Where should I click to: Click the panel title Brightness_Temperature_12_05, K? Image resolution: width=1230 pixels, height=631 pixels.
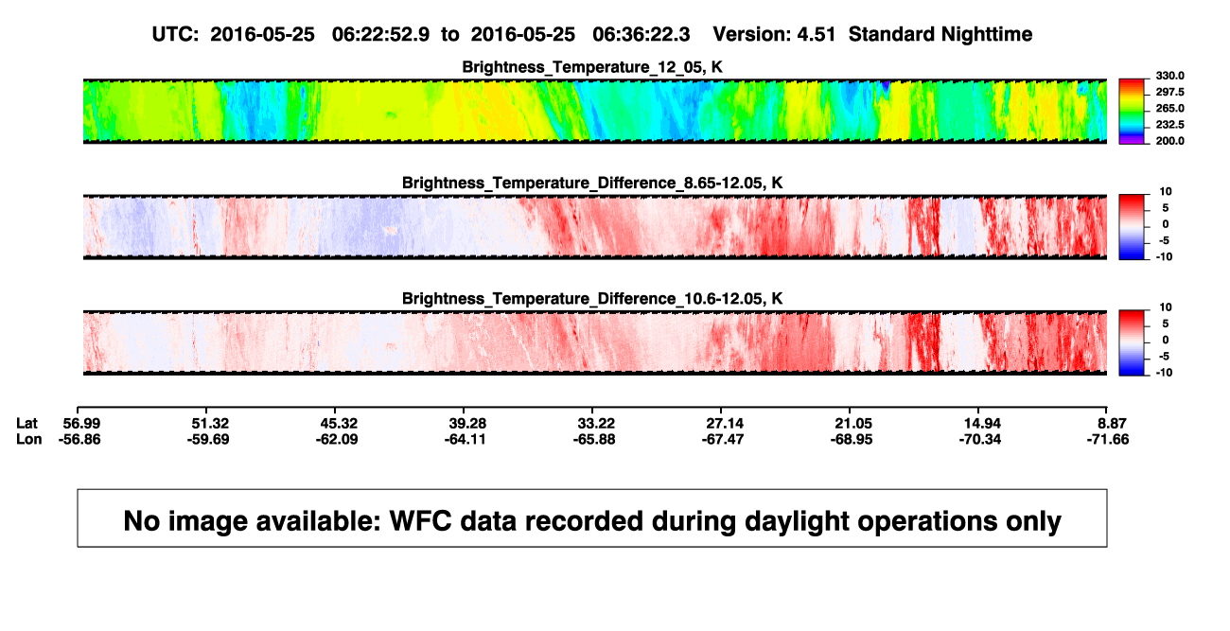coord(592,67)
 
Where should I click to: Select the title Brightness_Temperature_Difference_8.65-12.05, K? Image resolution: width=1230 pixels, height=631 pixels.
coord(592,183)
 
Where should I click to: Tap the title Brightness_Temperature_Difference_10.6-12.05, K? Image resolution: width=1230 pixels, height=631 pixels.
coord(592,299)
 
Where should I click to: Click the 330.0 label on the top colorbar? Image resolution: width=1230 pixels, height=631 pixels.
coord(1169,76)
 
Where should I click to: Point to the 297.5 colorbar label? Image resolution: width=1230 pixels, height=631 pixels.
coord(1169,92)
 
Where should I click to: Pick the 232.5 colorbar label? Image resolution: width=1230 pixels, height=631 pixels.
coord(1169,125)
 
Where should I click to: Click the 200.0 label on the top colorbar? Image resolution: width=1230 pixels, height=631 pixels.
coord(1169,141)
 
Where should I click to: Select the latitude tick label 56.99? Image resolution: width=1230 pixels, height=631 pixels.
coord(81,424)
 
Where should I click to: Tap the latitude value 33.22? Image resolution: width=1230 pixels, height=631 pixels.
coord(596,424)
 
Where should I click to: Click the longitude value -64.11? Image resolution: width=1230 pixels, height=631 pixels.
coord(466,439)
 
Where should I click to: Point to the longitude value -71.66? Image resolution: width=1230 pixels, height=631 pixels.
coord(1108,439)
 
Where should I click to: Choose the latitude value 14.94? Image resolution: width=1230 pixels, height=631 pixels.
coord(982,424)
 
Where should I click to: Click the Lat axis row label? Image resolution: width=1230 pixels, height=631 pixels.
coord(26,424)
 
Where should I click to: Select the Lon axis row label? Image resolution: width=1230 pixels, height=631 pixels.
coord(28,439)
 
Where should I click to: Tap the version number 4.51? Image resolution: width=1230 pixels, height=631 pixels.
coord(817,35)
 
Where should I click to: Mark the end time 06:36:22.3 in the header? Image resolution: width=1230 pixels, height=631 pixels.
coord(641,35)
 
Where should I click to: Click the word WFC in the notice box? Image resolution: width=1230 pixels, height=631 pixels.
coord(420,521)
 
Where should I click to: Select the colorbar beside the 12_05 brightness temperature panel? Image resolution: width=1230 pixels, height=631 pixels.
coord(1132,112)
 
